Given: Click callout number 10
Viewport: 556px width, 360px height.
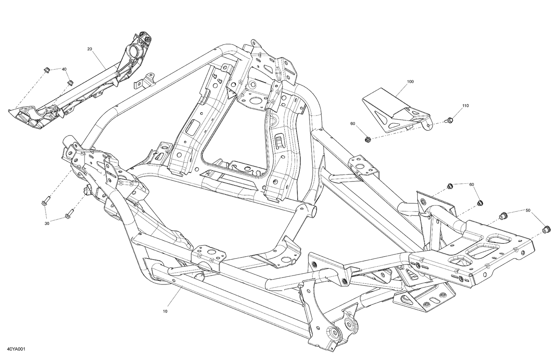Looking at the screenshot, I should (x=165, y=311).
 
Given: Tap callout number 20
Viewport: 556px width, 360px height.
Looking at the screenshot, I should (x=89, y=49).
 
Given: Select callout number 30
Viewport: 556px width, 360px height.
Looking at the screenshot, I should (x=47, y=223).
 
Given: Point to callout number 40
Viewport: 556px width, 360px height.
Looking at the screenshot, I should (x=64, y=69).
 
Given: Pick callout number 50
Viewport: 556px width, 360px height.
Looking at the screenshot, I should (x=527, y=210).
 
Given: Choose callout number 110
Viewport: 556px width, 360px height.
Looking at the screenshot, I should (x=465, y=106).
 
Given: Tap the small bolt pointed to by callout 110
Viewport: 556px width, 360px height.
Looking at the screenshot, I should (x=449, y=120).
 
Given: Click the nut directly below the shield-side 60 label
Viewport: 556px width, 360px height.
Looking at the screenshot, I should (x=368, y=140).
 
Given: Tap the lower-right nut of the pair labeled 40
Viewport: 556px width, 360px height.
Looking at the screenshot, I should (x=70, y=82).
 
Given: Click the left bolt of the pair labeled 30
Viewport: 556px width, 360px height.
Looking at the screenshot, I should (x=45, y=203).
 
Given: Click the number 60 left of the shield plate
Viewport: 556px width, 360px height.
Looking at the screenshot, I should (x=352, y=123).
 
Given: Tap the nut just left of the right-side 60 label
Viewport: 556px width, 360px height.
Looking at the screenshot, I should (x=450, y=185).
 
